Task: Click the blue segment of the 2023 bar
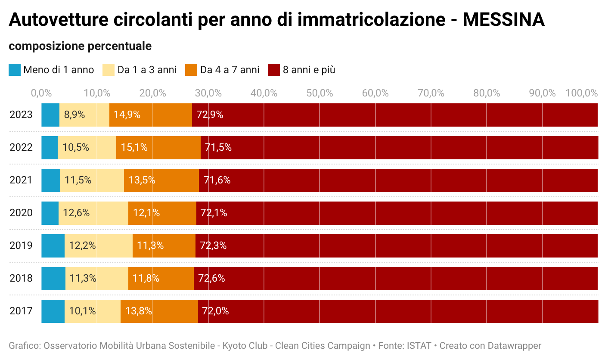(x=50, y=115)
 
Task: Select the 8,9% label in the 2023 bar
(x=74, y=115)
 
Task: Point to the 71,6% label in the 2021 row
(x=217, y=180)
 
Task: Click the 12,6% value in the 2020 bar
(x=76, y=213)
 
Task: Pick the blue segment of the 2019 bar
(x=53, y=246)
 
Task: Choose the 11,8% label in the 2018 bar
(x=146, y=279)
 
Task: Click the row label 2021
(x=21, y=180)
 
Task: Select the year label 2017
(x=21, y=311)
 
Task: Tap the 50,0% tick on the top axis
(x=320, y=93)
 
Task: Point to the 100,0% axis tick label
(x=581, y=93)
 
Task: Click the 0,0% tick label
(x=42, y=93)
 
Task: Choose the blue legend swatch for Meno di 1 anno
(x=15, y=70)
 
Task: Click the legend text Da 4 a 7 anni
(x=230, y=70)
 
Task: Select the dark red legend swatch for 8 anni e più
(x=274, y=70)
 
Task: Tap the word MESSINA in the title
(x=503, y=20)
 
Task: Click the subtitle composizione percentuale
(x=80, y=46)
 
